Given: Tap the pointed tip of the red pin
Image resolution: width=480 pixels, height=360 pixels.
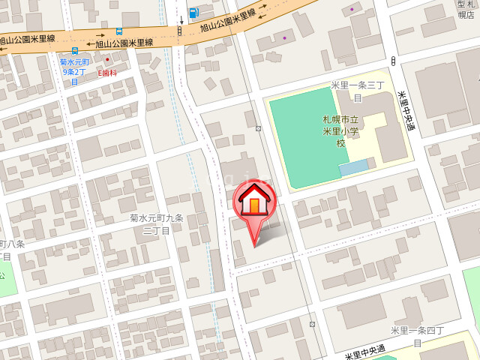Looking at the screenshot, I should point(255,245).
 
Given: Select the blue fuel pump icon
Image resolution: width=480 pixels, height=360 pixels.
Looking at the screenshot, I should point(194,13).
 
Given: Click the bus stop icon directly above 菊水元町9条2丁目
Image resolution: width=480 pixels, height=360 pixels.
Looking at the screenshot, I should point(74,52).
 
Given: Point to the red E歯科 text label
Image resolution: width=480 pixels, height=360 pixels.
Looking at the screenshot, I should point(107,73).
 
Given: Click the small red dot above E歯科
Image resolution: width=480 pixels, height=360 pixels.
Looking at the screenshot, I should point(107,59).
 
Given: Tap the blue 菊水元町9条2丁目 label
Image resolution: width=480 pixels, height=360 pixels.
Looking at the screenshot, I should point(74,72).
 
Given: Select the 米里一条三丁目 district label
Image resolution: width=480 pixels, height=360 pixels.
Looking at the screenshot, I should point(358,91).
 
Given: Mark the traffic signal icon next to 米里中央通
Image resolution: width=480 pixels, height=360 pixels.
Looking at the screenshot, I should point(394,61).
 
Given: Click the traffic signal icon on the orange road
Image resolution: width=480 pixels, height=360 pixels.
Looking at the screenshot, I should point(179,31).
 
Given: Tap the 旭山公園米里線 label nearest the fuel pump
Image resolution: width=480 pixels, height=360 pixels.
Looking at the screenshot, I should point(228,22).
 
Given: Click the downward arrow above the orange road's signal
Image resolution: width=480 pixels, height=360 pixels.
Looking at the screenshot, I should point(180,16).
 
